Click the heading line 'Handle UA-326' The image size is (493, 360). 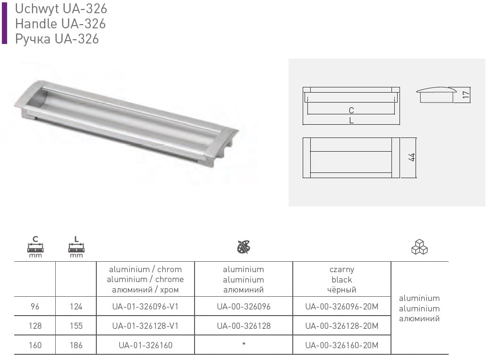coord(60,24)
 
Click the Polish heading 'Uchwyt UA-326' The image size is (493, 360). coord(61,9)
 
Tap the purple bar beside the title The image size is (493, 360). coord(4,23)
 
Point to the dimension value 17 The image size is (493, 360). coord(466,94)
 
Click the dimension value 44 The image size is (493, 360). coord(412,157)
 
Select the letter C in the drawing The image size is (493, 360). coord(351,111)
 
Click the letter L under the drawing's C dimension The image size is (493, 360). coord(351,120)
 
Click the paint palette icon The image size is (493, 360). coord(244,247)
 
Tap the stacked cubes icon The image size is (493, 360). coord(419,247)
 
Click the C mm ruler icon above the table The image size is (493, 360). coord(35,247)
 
